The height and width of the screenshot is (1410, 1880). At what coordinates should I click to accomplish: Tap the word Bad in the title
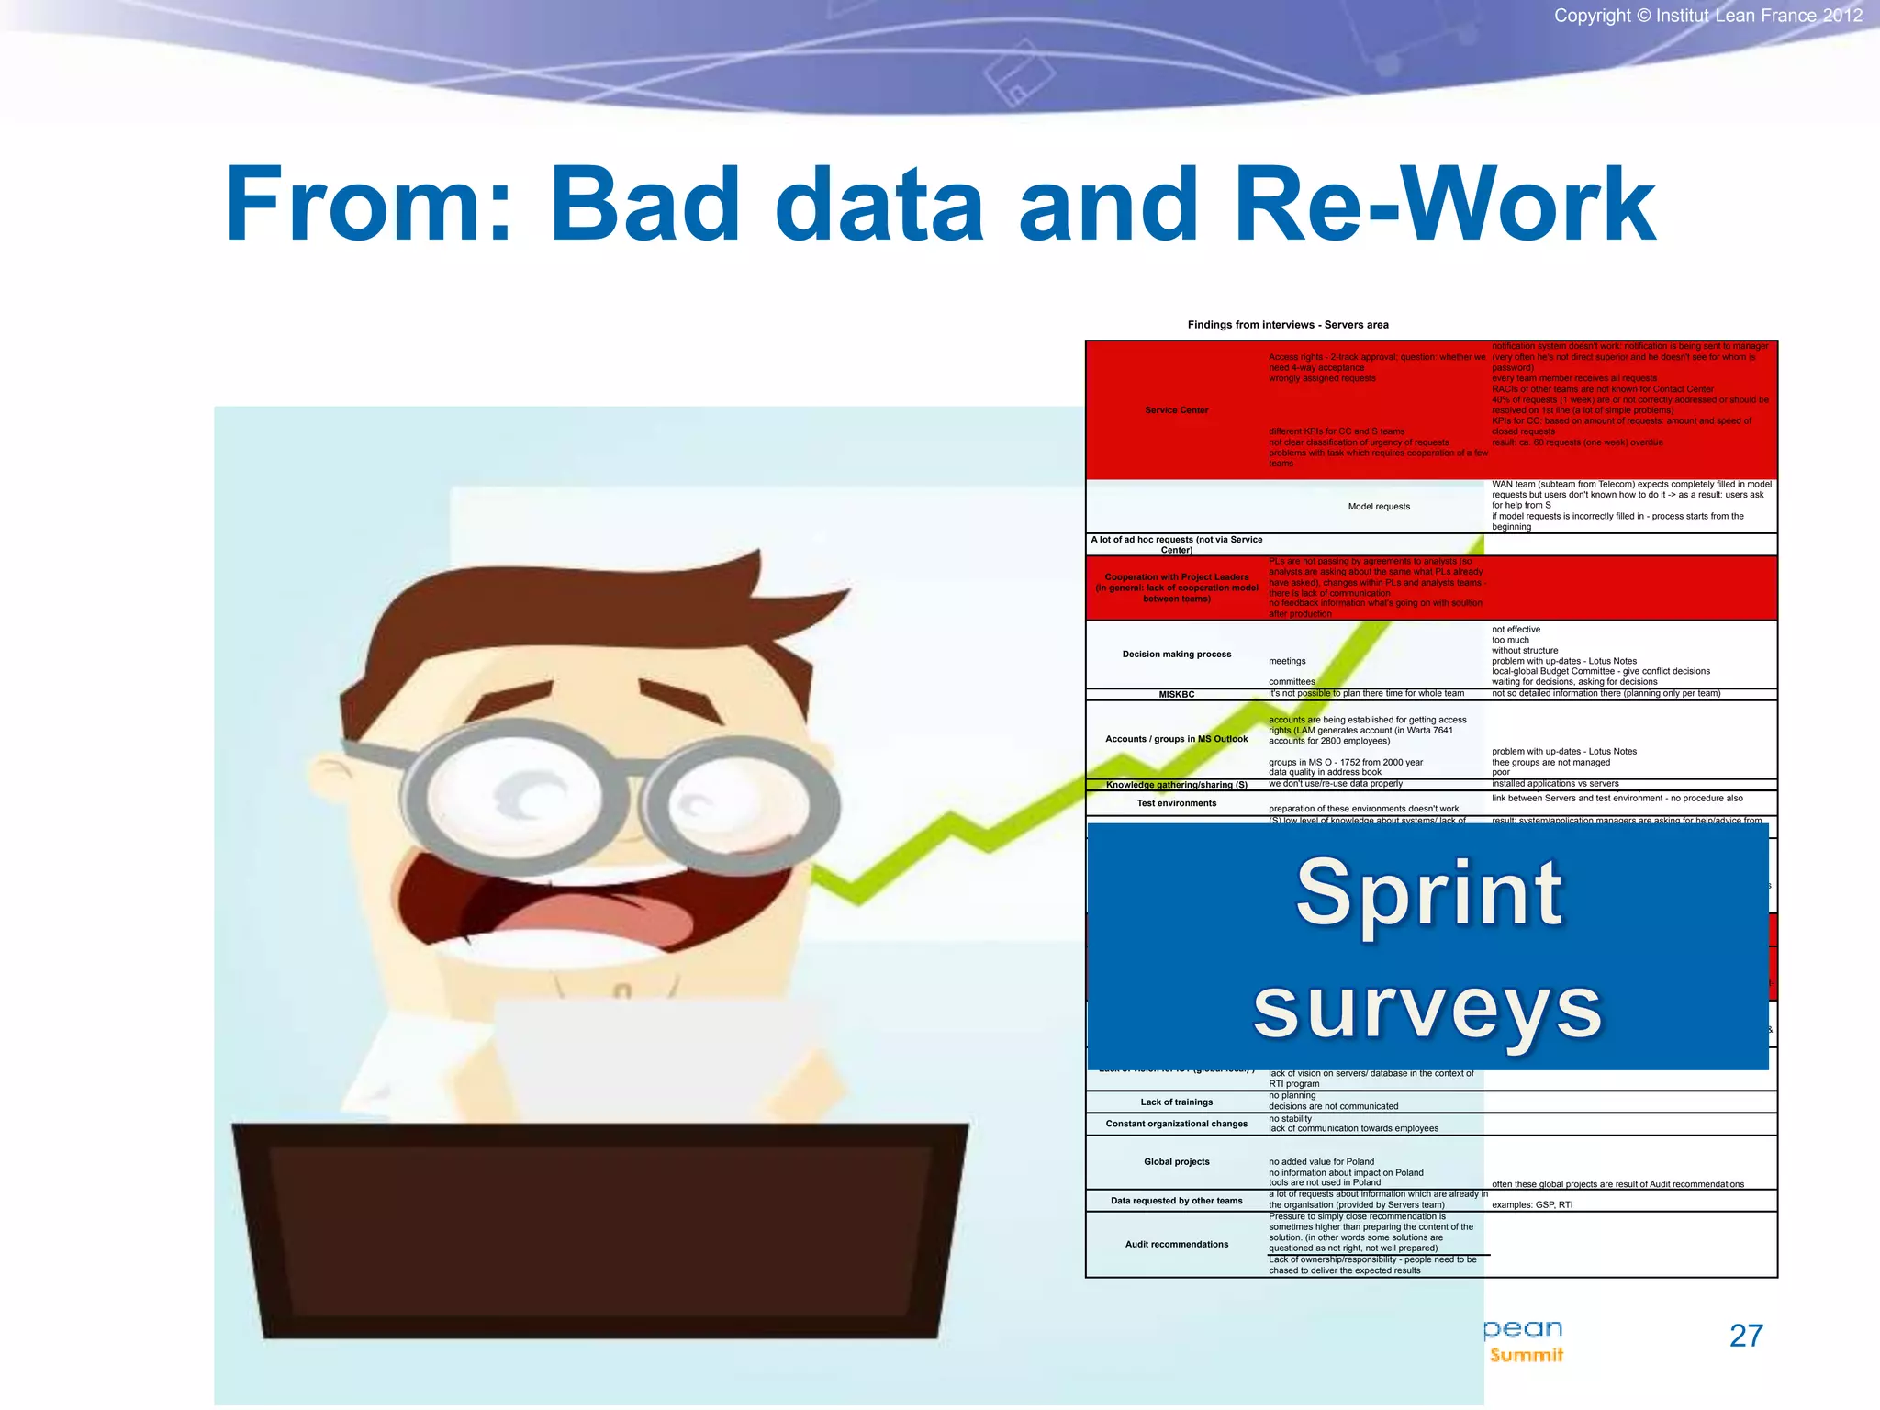(x=644, y=206)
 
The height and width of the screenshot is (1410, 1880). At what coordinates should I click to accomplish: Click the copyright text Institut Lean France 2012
(x=1707, y=16)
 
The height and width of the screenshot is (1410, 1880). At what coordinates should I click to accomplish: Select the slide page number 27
(x=1746, y=1336)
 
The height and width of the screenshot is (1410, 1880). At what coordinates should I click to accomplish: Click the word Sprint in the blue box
(x=1428, y=892)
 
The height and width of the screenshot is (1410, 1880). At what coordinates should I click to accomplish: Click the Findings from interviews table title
(x=1288, y=325)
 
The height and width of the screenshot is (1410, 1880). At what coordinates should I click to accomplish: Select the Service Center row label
(x=1176, y=410)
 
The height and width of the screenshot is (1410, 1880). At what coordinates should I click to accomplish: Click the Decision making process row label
(x=1176, y=655)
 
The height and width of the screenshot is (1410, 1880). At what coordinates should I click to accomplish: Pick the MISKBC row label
(x=1176, y=695)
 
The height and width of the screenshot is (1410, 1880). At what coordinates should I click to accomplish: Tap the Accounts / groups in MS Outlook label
(x=1176, y=739)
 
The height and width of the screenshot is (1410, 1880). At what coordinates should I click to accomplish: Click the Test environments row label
(x=1176, y=803)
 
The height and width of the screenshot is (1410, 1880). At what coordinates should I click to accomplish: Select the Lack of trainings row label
(x=1176, y=1102)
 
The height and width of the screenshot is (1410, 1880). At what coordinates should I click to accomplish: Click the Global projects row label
(x=1176, y=1162)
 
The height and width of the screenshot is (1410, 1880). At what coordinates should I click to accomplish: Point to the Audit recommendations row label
(x=1176, y=1245)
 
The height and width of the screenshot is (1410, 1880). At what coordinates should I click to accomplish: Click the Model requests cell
(x=1379, y=507)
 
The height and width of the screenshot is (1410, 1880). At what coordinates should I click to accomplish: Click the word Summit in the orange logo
(x=1526, y=1356)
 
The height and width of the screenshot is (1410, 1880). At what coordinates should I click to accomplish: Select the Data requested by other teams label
(x=1176, y=1201)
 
